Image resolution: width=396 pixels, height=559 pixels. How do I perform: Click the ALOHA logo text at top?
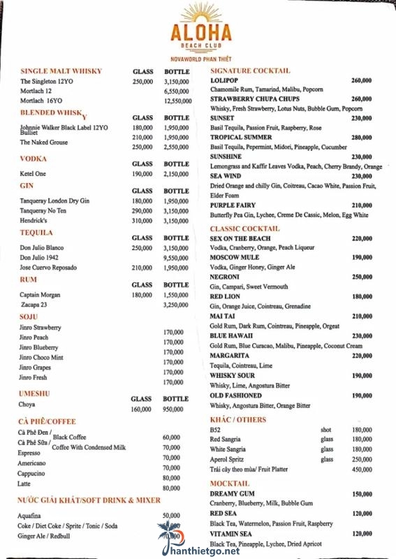[200, 34]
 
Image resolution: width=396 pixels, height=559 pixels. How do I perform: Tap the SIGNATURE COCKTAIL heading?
[250, 71]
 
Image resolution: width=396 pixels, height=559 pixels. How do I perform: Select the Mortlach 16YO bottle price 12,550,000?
[177, 101]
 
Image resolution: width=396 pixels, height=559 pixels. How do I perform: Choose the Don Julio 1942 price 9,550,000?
[176, 258]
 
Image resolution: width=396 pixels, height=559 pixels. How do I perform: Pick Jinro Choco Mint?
[41, 357]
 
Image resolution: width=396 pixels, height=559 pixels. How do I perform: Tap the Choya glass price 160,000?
[141, 409]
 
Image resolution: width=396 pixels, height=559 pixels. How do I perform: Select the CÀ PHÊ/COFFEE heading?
[47, 421]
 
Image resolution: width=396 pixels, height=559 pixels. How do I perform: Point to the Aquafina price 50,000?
[171, 515]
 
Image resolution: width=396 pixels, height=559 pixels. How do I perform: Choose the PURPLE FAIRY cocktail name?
[234, 205]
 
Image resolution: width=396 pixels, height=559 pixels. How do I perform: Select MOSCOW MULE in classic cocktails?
[235, 258]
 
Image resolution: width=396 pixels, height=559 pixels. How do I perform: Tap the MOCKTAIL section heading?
[230, 484]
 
